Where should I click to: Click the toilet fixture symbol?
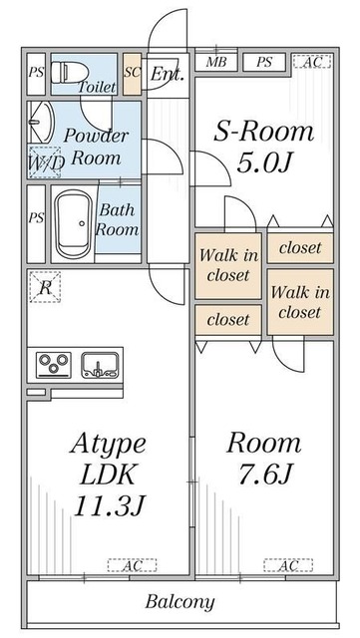pos(70,73)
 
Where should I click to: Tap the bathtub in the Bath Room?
pos(74,224)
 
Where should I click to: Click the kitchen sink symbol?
pos(100,365)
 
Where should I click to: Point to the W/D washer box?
pos(45,161)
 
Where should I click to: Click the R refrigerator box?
pos(45,287)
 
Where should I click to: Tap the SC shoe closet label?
pos(133,73)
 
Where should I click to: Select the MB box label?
pos(215,62)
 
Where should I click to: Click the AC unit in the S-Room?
pos(312,62)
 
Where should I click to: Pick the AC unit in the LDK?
pos(132,565)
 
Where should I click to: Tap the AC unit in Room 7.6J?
pos(288,565)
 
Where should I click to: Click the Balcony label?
pos(180,601)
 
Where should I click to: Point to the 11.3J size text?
pos(110,505)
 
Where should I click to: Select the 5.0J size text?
pos(264,163)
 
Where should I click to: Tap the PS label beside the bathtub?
pos(36,217)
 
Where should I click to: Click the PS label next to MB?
pos(264,62)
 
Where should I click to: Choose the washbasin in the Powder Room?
pos(41,122)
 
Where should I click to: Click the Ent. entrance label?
pos(168,74)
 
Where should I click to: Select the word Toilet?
pos(97,87)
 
